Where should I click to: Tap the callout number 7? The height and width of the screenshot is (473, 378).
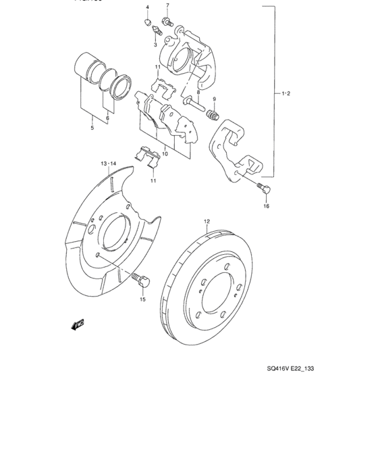pyautogui.click(x=167, y=5)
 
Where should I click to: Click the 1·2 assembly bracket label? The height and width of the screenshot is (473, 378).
pyautogui.click(x=285, y=94)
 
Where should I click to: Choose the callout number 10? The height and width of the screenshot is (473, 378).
pyautogui.click(x=165, y=153)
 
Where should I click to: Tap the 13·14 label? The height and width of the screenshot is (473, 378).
pyautogui.click(x=109, y=164)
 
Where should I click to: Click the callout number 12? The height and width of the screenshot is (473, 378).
pyautogui.click(x=207, y=221)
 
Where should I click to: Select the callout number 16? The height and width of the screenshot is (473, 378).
pyautogui.click(x=266, y=206)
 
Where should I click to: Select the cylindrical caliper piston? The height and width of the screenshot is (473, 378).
pyautogui.click(x=88, y=66)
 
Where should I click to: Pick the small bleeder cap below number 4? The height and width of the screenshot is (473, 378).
pyautogui.click(x=147, y=22)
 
